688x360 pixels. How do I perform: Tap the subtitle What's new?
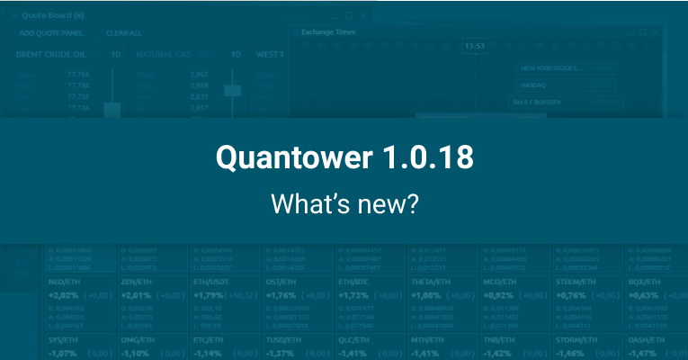click(x=344, y=203)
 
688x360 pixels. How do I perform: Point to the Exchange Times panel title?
click(x=330, y=31)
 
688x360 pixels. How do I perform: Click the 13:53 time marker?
click(x=475, y=46)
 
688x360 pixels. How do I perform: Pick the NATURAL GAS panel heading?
click(x=167, y=55)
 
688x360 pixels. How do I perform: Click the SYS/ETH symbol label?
click(x=62, y=340)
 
